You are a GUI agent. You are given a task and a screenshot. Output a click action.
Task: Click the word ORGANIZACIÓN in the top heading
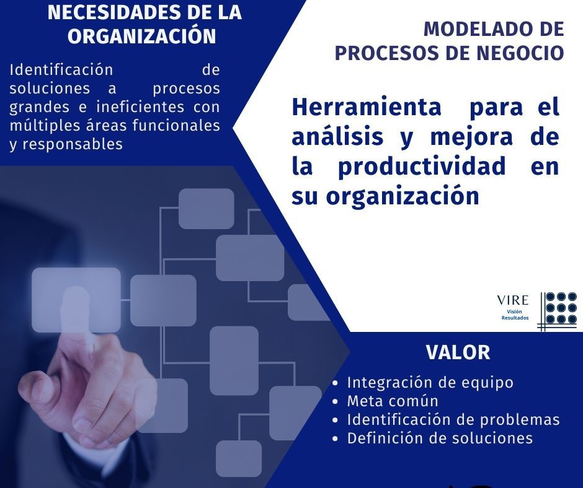pos(141,36)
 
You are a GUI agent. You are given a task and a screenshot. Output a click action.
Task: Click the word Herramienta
pos(367,107)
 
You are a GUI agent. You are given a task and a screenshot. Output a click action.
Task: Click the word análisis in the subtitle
pos(337,136)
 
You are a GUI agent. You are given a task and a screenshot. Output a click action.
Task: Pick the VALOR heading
pos(458,352)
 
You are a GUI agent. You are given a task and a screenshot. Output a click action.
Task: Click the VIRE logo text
pos(513,300)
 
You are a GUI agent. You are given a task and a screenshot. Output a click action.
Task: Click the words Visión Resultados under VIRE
pos(515,315)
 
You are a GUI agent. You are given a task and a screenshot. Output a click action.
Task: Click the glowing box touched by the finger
pos(76,300)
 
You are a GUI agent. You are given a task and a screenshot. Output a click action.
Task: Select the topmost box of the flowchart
pos(207,208)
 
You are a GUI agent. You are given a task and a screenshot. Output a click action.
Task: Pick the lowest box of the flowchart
pos(239,459)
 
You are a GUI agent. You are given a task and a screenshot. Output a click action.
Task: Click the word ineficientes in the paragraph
pos(140,107)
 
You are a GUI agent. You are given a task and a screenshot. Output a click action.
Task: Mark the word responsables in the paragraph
pos(73,144)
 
